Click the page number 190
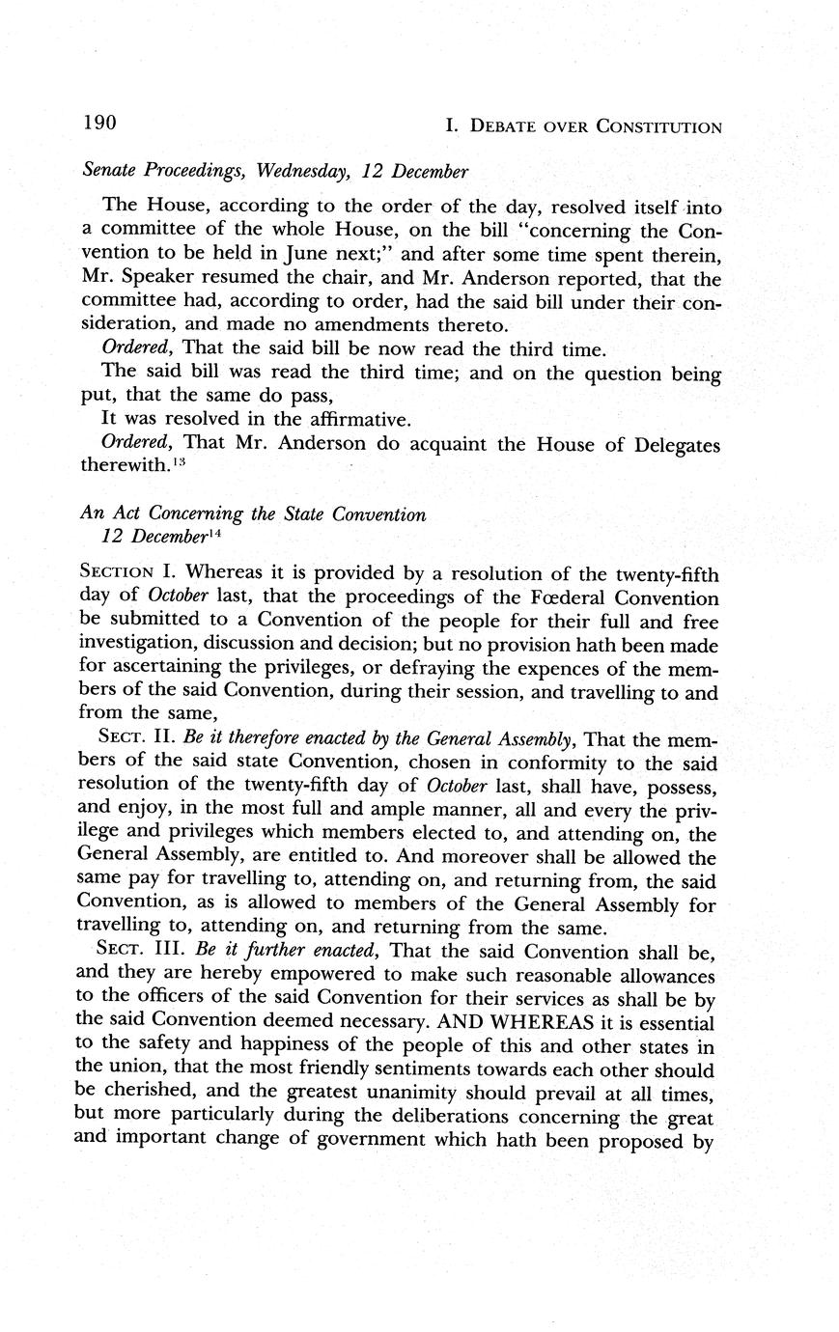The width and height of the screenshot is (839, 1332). pos(99,123)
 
